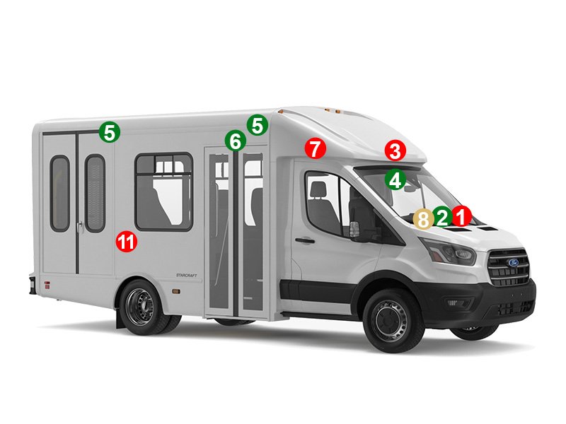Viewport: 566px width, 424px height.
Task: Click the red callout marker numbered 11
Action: [127, 242]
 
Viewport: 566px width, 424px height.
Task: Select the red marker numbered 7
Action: [316, 148]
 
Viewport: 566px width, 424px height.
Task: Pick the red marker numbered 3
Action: [395, 151]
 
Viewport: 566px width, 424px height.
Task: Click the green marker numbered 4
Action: [395, 179]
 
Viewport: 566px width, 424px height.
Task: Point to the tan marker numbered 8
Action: [423, 219]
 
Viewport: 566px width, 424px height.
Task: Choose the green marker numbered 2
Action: [443, 217]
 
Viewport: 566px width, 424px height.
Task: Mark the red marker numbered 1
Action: [462, 216]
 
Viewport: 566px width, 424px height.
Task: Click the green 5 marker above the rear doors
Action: [110, 132]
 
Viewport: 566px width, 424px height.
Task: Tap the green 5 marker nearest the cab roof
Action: [258, 126]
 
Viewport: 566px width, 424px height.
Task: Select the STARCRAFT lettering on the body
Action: [187, 275]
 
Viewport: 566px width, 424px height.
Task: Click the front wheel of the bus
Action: [393, 320]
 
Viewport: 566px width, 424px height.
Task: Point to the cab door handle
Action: [305, 240]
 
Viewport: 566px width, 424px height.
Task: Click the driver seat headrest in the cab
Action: [318, 189]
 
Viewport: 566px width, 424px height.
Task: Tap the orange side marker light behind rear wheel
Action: [176, 290]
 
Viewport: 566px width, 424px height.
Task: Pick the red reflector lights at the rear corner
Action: [47, 285]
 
